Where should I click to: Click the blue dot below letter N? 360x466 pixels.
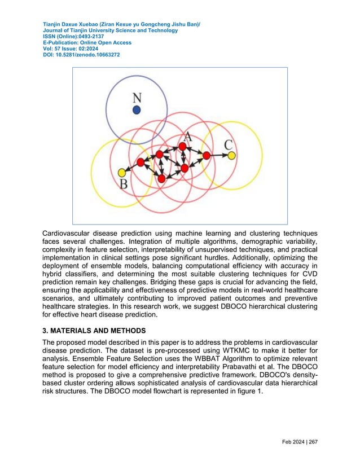(137, 110)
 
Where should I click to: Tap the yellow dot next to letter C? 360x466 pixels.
(231, 155)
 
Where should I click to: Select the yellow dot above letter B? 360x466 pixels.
(121, 172)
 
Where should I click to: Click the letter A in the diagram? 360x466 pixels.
(188, 137)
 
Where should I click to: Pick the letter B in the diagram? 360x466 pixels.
(124, 184)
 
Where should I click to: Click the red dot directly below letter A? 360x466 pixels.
(182, 147)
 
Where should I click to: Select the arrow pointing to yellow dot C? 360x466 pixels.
(221, 155)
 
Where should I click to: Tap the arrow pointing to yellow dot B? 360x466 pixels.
(130, 168)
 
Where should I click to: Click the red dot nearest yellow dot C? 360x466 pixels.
(207, 155)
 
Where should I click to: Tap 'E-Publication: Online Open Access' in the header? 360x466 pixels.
(87, 43)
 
